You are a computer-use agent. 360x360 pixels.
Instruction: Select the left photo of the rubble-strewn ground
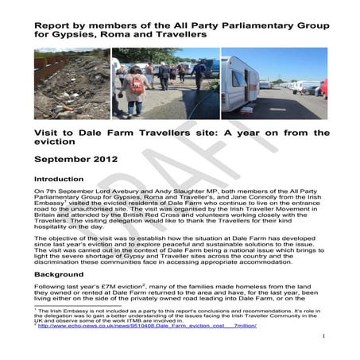coord(72,83)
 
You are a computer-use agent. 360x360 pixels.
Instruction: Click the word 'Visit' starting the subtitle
coord(48,130)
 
